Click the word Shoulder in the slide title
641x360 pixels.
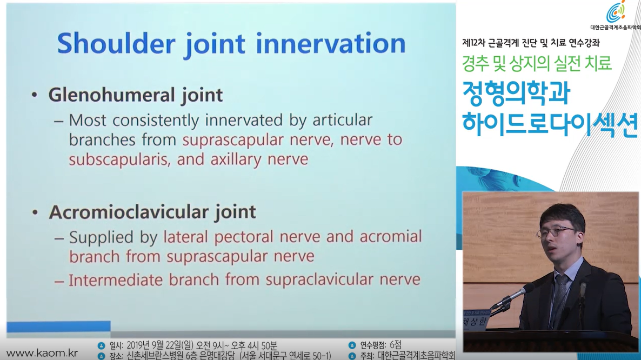pos(116,43)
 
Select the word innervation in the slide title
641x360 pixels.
pos(330,43)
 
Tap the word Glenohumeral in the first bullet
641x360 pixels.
pos(111,95)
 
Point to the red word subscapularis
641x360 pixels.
pos(119,159)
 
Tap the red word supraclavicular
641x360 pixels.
pos(319,280)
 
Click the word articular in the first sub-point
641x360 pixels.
pos(343,120)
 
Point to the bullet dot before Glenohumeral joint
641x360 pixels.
pos(35,95)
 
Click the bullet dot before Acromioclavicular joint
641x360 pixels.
pos(35,212)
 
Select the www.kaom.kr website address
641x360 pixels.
pos(42,353)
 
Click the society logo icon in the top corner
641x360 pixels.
pos(616,12)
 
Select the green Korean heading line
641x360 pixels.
pos(537,63)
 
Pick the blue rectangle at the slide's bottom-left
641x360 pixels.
pos(58,326)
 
